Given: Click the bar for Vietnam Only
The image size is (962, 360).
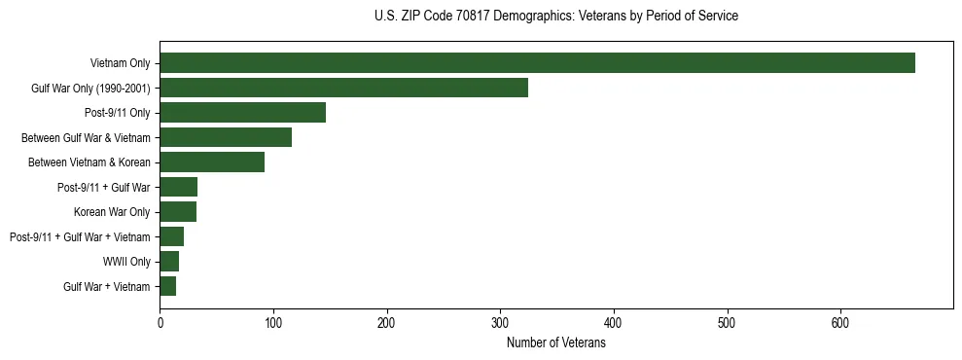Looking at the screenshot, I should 537,63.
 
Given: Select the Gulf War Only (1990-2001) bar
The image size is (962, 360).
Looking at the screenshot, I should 343,88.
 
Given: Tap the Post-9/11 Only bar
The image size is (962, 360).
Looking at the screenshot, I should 242,113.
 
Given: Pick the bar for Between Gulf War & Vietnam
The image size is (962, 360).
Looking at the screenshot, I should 226,137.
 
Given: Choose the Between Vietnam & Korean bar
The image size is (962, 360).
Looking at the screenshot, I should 212,162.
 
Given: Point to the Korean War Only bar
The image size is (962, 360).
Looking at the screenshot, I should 178,211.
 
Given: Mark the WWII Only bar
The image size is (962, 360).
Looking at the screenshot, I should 169,261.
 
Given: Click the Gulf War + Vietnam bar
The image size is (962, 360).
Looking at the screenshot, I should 167,286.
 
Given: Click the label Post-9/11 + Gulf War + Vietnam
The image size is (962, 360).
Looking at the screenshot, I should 80,236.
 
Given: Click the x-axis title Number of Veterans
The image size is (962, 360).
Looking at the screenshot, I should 555,343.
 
